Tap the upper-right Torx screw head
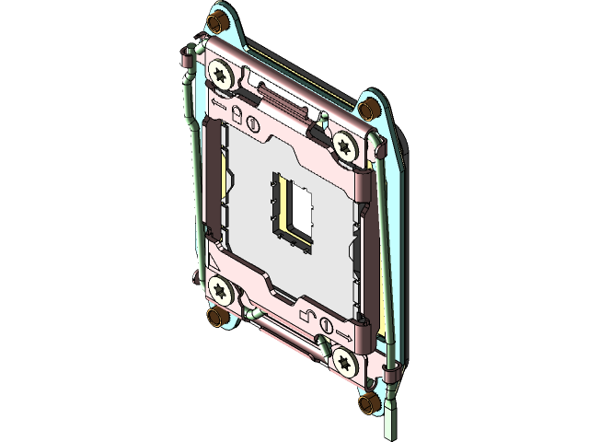pos(345,144)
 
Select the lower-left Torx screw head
pos(221,288)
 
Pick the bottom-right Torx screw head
pos(345,361)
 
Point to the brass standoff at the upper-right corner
pos(368,109)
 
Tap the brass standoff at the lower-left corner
pos(217,319)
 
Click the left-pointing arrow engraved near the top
pos(218,103)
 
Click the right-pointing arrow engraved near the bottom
pos(344,329)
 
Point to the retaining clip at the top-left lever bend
pos(185,61)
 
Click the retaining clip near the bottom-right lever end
pos(391,373)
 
